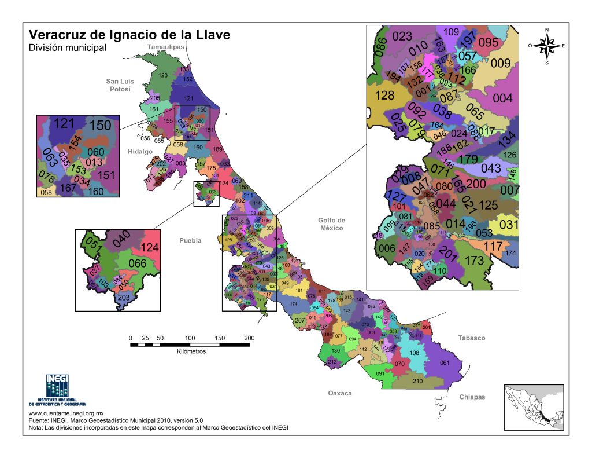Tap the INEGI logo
(x=57, y=389)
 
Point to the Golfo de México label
(x=331, y=224)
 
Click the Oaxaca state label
(x=340, y=393)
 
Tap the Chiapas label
(x=472, y=397)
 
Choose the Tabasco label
(x=472, y=338)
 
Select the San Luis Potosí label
(x=120, y=85)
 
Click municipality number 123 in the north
(x=163, y=75)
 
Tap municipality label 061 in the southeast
(x=444, y=363)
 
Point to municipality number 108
(x=414, y=353)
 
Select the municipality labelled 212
(x=332, y=362)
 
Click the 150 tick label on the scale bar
(x=220, y=338)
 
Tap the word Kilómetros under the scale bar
(x=191, y=351)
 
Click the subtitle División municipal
(x=68, y=48)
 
